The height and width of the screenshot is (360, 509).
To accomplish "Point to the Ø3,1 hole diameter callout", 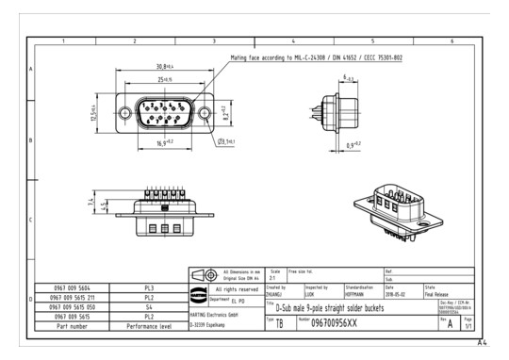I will pos(224,142).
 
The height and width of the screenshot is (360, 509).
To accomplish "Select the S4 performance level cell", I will pos(148,305).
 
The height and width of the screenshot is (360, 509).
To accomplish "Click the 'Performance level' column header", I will pos(148,326).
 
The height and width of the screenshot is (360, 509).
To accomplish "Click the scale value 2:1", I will pos(274,278).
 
